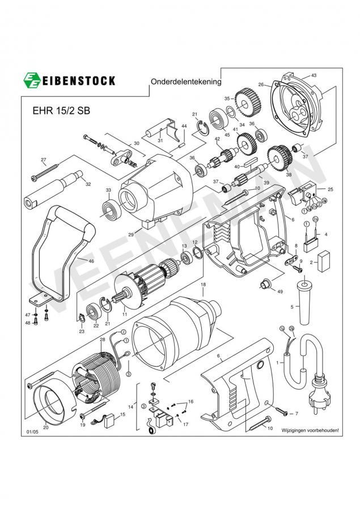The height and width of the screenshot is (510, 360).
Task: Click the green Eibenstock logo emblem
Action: coord(32,80)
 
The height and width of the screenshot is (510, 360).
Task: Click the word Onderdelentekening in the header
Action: coord(185,82)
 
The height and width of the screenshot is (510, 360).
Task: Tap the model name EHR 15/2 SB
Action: coord(57,111)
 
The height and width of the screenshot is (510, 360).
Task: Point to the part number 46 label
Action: coord(91,261)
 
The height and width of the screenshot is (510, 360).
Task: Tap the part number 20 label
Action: coord(46,428)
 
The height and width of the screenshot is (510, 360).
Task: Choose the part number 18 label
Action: coord(203,284)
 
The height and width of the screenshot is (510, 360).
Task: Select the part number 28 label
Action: coord(102,339)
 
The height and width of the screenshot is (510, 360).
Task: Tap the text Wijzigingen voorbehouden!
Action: coord(310,431)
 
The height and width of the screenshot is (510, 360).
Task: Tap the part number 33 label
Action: coord(108,190)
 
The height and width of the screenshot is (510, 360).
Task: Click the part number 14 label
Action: coord(132,407)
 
